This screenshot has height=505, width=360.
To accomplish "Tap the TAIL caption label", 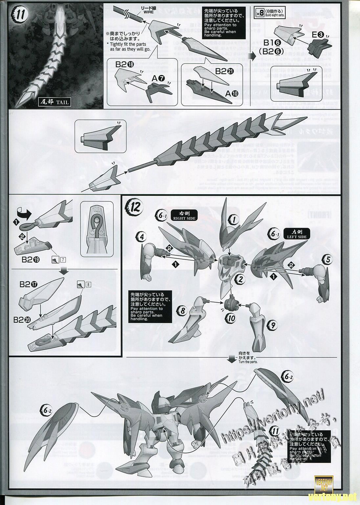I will (x=58, y=102).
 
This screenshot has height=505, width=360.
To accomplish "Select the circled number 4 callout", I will (x=141, y=236).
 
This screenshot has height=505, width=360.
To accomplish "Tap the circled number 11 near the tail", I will (x=275, y=431).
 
